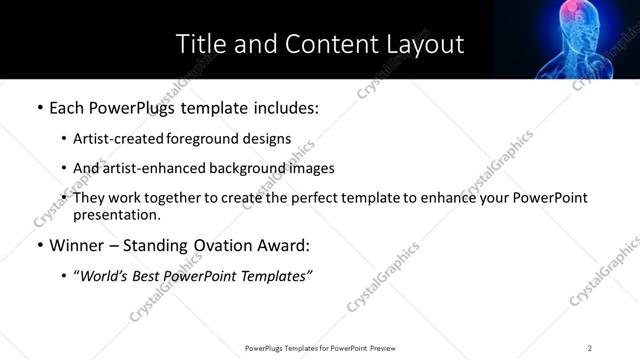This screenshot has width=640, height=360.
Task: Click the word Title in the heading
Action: coord(198,44)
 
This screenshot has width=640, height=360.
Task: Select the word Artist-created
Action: coord(113,139)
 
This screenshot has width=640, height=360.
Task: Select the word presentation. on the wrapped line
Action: coord(116,214)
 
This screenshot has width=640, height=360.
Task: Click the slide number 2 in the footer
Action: coord(590,347)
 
